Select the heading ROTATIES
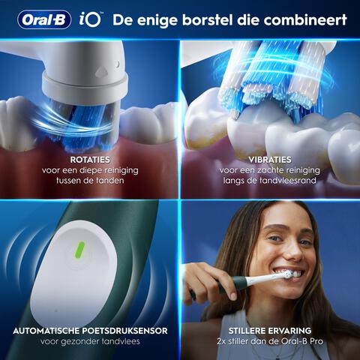tap(90, 160)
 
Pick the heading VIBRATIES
tap(270, 160)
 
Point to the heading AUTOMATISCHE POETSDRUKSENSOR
tap(90, 330)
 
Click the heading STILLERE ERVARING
tap(270, 330)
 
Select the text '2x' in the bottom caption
tap(221, 341)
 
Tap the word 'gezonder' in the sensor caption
tap(88, 341)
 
